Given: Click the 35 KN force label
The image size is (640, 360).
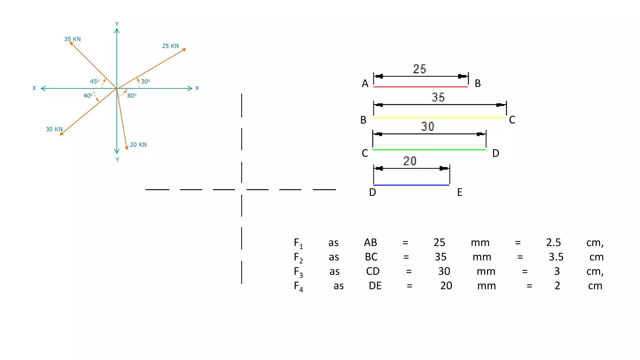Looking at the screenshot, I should point(72,39).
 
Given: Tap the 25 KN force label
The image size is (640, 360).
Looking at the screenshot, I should point(170,46).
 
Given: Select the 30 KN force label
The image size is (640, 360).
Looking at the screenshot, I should point(54,129).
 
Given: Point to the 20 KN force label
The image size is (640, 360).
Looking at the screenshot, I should point(138,145).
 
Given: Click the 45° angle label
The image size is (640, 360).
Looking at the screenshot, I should point(94,82).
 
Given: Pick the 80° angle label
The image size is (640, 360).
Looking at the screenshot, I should point(132,96).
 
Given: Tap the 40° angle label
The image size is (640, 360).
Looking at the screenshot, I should point(88,96).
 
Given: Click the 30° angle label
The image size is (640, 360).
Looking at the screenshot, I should point(145,82).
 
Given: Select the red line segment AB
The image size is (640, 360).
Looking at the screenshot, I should point(420,87).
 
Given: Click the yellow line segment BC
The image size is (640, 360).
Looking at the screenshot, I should point(439,118).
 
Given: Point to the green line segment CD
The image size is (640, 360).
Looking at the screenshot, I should point(429,150).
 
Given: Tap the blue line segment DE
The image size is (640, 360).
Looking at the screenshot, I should point(411,185).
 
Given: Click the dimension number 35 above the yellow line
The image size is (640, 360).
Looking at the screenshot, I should point(438,97).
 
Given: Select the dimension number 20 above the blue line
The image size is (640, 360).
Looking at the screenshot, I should point(410,161).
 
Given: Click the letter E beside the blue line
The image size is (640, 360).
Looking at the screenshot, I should point(460,192).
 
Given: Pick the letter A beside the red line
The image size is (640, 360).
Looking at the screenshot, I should point(365,83).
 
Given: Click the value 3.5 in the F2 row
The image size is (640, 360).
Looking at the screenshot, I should point(556,257).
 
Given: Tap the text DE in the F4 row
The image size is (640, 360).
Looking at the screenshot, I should point(375,286).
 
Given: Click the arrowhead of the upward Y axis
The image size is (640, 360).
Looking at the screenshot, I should point(117,31).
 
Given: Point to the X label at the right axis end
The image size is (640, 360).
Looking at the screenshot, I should point(197,88).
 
